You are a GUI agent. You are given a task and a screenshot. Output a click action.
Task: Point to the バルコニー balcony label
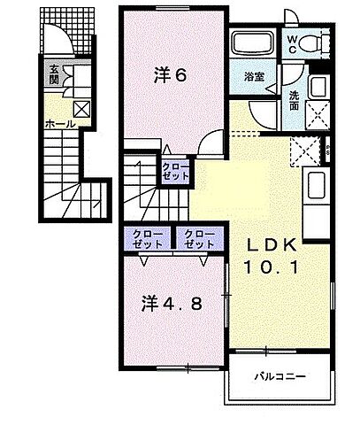coord(281,375)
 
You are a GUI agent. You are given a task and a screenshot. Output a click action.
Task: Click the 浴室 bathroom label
coord(254,77)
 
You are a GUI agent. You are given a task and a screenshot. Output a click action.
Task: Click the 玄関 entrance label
coord(54,76)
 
